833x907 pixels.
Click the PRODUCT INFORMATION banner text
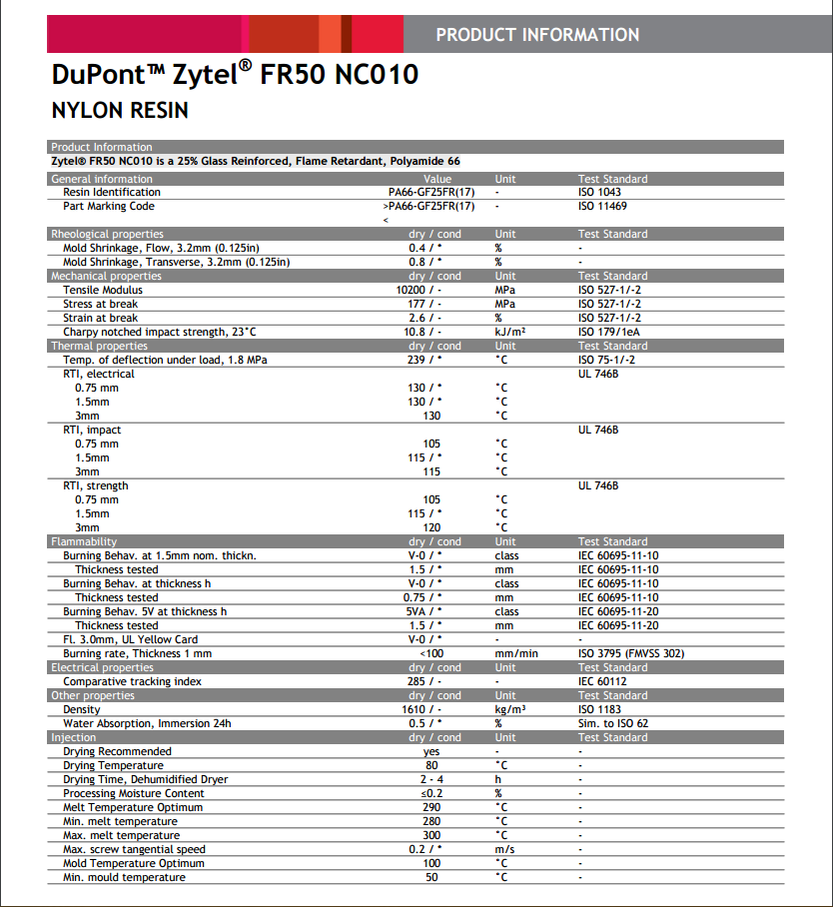click(x=537, y=35)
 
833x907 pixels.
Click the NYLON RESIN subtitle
click(x=119, y=110)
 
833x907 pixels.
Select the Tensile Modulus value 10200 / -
click(x=424, y=290)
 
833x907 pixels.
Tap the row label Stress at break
click(x=101, y=304)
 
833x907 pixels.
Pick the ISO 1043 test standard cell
click(x=599, y=192)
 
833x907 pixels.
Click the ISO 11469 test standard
click(x=602, y=206)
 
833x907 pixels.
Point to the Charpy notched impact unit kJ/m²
click(x=510, y=332)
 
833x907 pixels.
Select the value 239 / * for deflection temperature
click(x=424, y=360)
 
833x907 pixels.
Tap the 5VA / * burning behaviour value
click(x=424, y=611)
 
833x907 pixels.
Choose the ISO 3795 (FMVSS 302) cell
click(x=631, y=653)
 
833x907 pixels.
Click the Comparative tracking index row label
click(x=132, y=681)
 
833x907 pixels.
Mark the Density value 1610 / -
click(x=424, y=709)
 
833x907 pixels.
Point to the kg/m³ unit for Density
click(x=510, y=709)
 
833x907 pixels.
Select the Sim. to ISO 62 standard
click(x=613, y=723)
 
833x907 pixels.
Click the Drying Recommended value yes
click(x=431, y=751)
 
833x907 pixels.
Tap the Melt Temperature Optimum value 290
click(x=431, y=807)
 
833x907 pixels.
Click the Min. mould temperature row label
click(x=124, y=877)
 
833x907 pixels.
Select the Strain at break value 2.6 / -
click(x=424, y=318)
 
